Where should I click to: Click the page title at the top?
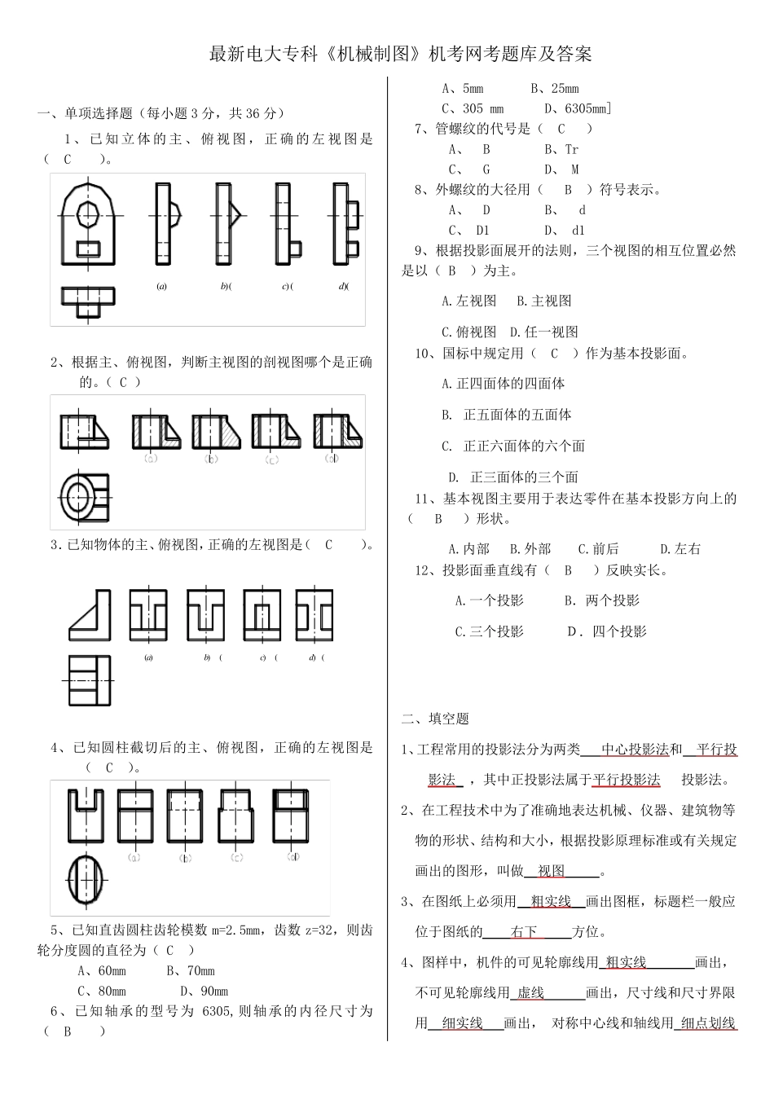coord(400,55)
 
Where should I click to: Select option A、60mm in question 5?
coord(102,970)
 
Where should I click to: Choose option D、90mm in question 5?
coord(204,991)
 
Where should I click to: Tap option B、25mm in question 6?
coord(554,88)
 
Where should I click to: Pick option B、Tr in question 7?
coord(561,149)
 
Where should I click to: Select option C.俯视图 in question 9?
coord(468,332)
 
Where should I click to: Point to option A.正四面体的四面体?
coord(503,383)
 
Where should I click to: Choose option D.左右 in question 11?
coord(679,548)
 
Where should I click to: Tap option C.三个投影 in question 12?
coord(489,631)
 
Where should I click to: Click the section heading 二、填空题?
coord(435,719)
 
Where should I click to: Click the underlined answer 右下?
coord(524,931)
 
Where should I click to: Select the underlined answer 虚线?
coord(530,992)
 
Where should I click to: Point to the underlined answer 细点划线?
coord(708,1023)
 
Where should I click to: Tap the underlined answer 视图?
coord(552,871)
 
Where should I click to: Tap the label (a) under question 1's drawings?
coord(162,287)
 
